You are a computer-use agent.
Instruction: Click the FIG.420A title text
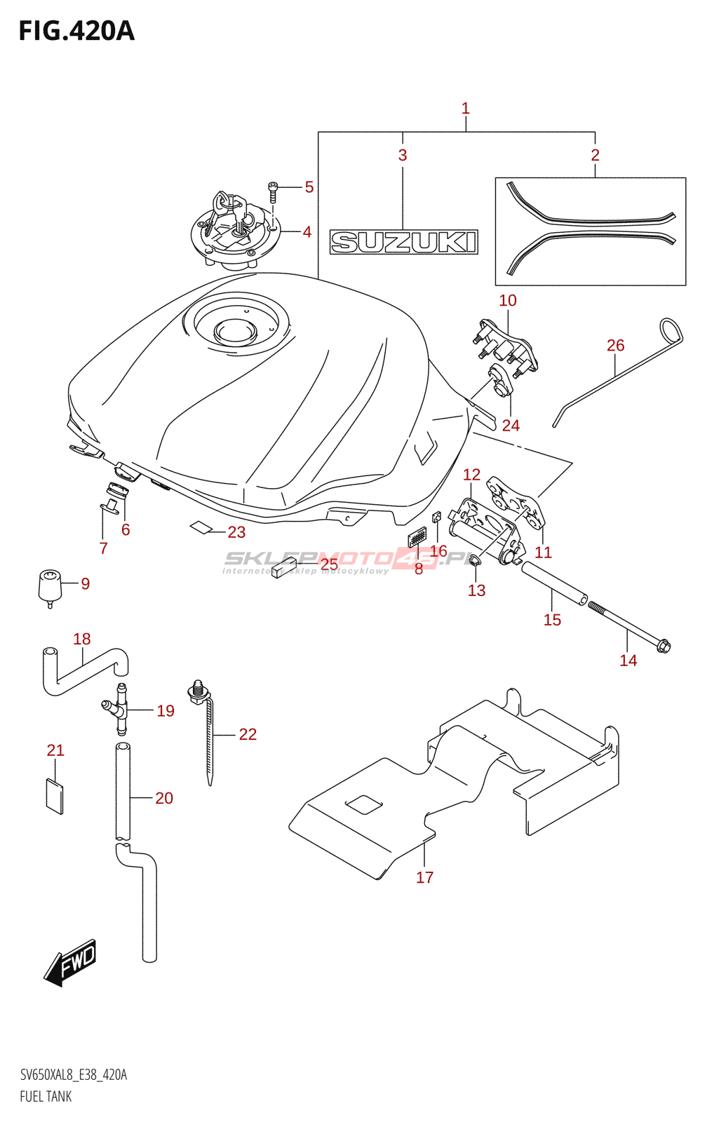[76, 31]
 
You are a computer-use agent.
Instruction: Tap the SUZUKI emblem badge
[403, 242]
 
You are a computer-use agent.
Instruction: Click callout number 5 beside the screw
[309, 187]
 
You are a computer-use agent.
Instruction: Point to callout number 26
[615, 345]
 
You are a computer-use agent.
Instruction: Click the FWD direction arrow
[70, 963]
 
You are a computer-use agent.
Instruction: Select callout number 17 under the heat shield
[424, 877]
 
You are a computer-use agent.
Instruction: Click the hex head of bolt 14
[663, 646]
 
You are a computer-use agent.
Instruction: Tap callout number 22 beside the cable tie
[248, 734]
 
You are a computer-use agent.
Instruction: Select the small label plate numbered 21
[55, 796]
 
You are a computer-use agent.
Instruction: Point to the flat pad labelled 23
[202, 527]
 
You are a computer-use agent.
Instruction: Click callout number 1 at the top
[465, 109]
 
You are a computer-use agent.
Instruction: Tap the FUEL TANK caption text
[46, 1097]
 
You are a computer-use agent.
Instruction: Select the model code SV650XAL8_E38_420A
[74, 1075]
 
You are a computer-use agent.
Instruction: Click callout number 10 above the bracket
[507, 300]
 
